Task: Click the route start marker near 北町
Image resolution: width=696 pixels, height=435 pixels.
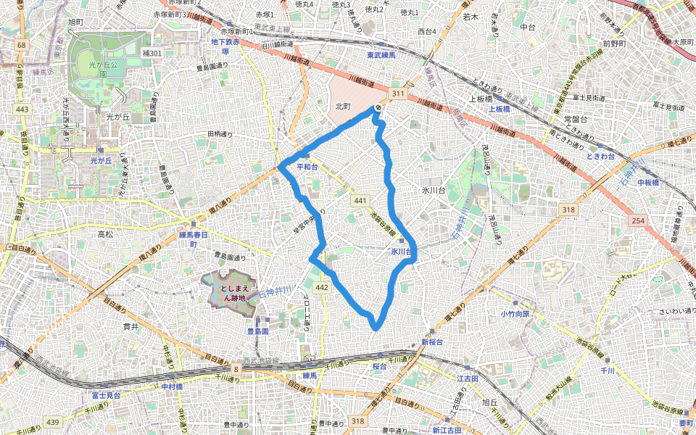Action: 378,108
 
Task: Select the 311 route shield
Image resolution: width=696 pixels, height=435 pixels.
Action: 397,94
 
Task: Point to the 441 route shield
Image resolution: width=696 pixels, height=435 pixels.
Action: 360,199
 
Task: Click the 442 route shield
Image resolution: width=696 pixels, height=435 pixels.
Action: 323,288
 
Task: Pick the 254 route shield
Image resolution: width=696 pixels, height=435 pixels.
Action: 638,219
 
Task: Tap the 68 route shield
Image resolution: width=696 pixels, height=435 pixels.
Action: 21,46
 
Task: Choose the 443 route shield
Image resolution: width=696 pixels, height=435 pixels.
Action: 22,109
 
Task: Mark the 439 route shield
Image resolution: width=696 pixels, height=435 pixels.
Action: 53,422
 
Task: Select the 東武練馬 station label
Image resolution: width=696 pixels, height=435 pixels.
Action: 381,55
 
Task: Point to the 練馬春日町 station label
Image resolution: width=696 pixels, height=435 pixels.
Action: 194,239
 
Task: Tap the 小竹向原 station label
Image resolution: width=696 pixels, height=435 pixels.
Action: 515,314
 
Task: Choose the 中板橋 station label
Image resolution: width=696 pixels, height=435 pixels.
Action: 647,182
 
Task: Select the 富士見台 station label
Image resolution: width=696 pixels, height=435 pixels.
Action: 106,395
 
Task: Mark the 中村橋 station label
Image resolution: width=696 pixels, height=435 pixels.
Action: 172,386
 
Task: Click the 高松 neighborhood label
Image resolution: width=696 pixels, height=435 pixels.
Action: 104,234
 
